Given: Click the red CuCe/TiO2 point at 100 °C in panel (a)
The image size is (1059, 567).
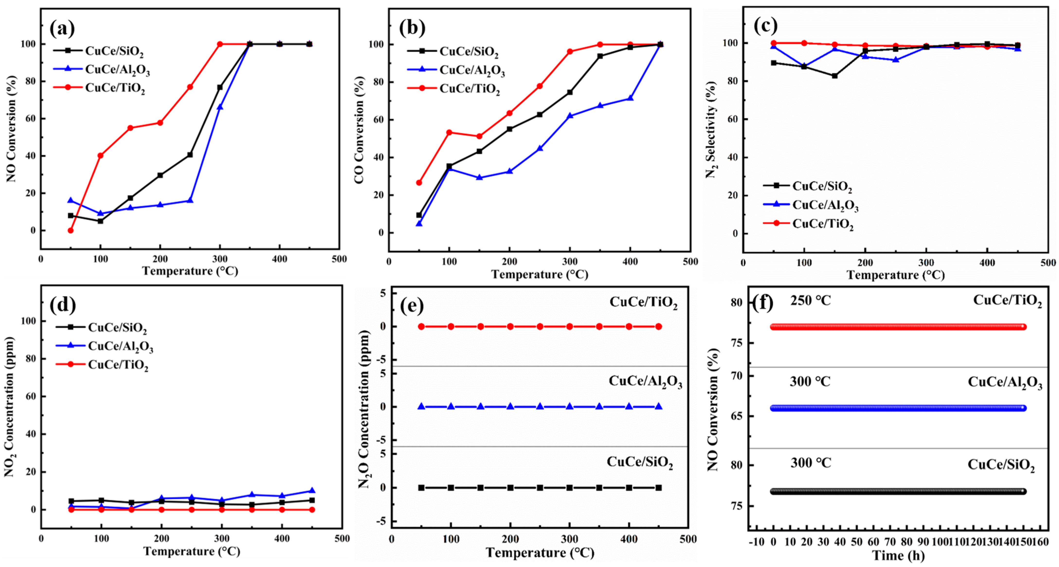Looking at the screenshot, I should pyautogui.click(x=100, y=155).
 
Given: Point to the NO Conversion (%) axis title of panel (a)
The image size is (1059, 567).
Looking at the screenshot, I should pyautogui.click(x=11, y=129).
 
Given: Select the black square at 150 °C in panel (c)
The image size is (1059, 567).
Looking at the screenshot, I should pyautogui.click(x=834, y=76).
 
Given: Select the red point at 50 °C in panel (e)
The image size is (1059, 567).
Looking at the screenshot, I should pyautogui.click(x=421, y=327).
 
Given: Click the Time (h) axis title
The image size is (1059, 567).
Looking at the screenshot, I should pyautogui.click(x=898, y=556).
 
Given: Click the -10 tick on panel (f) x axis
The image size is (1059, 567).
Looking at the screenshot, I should pyautogui.click(x=756, y=542).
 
